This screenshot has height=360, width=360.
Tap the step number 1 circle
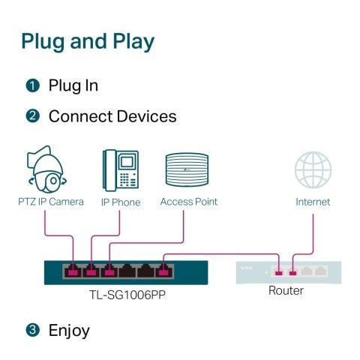coord(32,85)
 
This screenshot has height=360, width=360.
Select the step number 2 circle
coord(32,116)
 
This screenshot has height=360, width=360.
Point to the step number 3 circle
coord(32,330)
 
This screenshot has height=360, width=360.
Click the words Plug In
coord(73,85)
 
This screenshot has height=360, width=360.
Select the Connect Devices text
coord(112,116)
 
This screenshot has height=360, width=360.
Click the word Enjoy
coord(69,330)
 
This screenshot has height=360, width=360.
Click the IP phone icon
coord(120,170)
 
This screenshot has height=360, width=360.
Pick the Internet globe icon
coord(313,171)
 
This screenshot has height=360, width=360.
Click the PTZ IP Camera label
coord(51,202)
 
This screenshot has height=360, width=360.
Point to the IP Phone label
coord(121,202)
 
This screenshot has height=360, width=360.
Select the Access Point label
coord(188,202)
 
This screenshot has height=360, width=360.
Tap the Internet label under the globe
coord(313,202)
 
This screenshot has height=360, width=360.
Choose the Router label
coord(286,290)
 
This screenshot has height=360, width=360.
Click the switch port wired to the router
coord(163,270)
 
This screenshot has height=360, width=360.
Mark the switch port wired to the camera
coord(73,270)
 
